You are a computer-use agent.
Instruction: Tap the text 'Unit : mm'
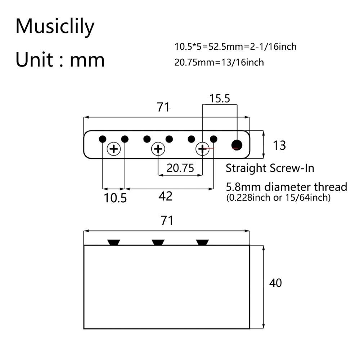tap(60, 59)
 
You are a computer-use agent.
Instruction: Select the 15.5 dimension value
tap(220, 99)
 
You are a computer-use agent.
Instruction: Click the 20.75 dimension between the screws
tap(180, 167)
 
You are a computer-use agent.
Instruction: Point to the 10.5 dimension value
tap(116, 198)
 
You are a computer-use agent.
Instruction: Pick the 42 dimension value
tap(166, 196)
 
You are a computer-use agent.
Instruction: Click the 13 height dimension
tap(279, 145)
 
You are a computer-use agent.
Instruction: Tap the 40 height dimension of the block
tap(276, 283)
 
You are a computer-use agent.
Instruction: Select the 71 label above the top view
tap(163, 107)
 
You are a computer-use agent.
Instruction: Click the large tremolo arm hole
tap(237, 145)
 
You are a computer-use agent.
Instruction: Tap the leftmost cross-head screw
tap(114, 149)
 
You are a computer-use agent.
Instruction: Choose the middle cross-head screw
tap(158, 149)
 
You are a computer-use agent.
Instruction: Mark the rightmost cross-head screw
tap(202, 149)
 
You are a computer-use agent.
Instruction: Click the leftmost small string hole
tap(103, 139)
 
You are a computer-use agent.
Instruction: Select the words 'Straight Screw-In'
tap(270, 168)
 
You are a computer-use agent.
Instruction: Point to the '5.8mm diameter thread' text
tap(287, 187)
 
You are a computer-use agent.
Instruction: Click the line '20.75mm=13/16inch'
tap(219, 62)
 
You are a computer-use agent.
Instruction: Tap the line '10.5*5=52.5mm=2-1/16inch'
tap(236, 46)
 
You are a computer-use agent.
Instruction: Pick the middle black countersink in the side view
tap(158, 242)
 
